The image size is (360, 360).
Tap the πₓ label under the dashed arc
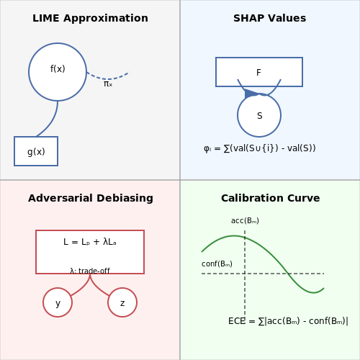coord(108,84)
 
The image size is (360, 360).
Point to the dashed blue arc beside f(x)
coord(108,78)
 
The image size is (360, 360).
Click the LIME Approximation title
coord(90,18)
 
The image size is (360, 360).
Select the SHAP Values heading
coord(270,18)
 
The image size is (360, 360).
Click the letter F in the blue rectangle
coord(258,73)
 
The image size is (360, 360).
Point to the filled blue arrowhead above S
coord(251,94)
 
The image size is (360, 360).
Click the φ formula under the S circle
coord(260,148)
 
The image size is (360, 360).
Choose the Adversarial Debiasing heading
coord(91,198)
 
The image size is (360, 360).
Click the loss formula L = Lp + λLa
coord(90,242)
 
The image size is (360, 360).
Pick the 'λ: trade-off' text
coord(90,271)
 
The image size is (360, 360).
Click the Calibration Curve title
coord(271,198)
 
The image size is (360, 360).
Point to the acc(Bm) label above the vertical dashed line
coord(245,220)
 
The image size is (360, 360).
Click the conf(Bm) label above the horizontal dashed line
coord(217,264)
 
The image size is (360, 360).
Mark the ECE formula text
coord(288,321)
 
